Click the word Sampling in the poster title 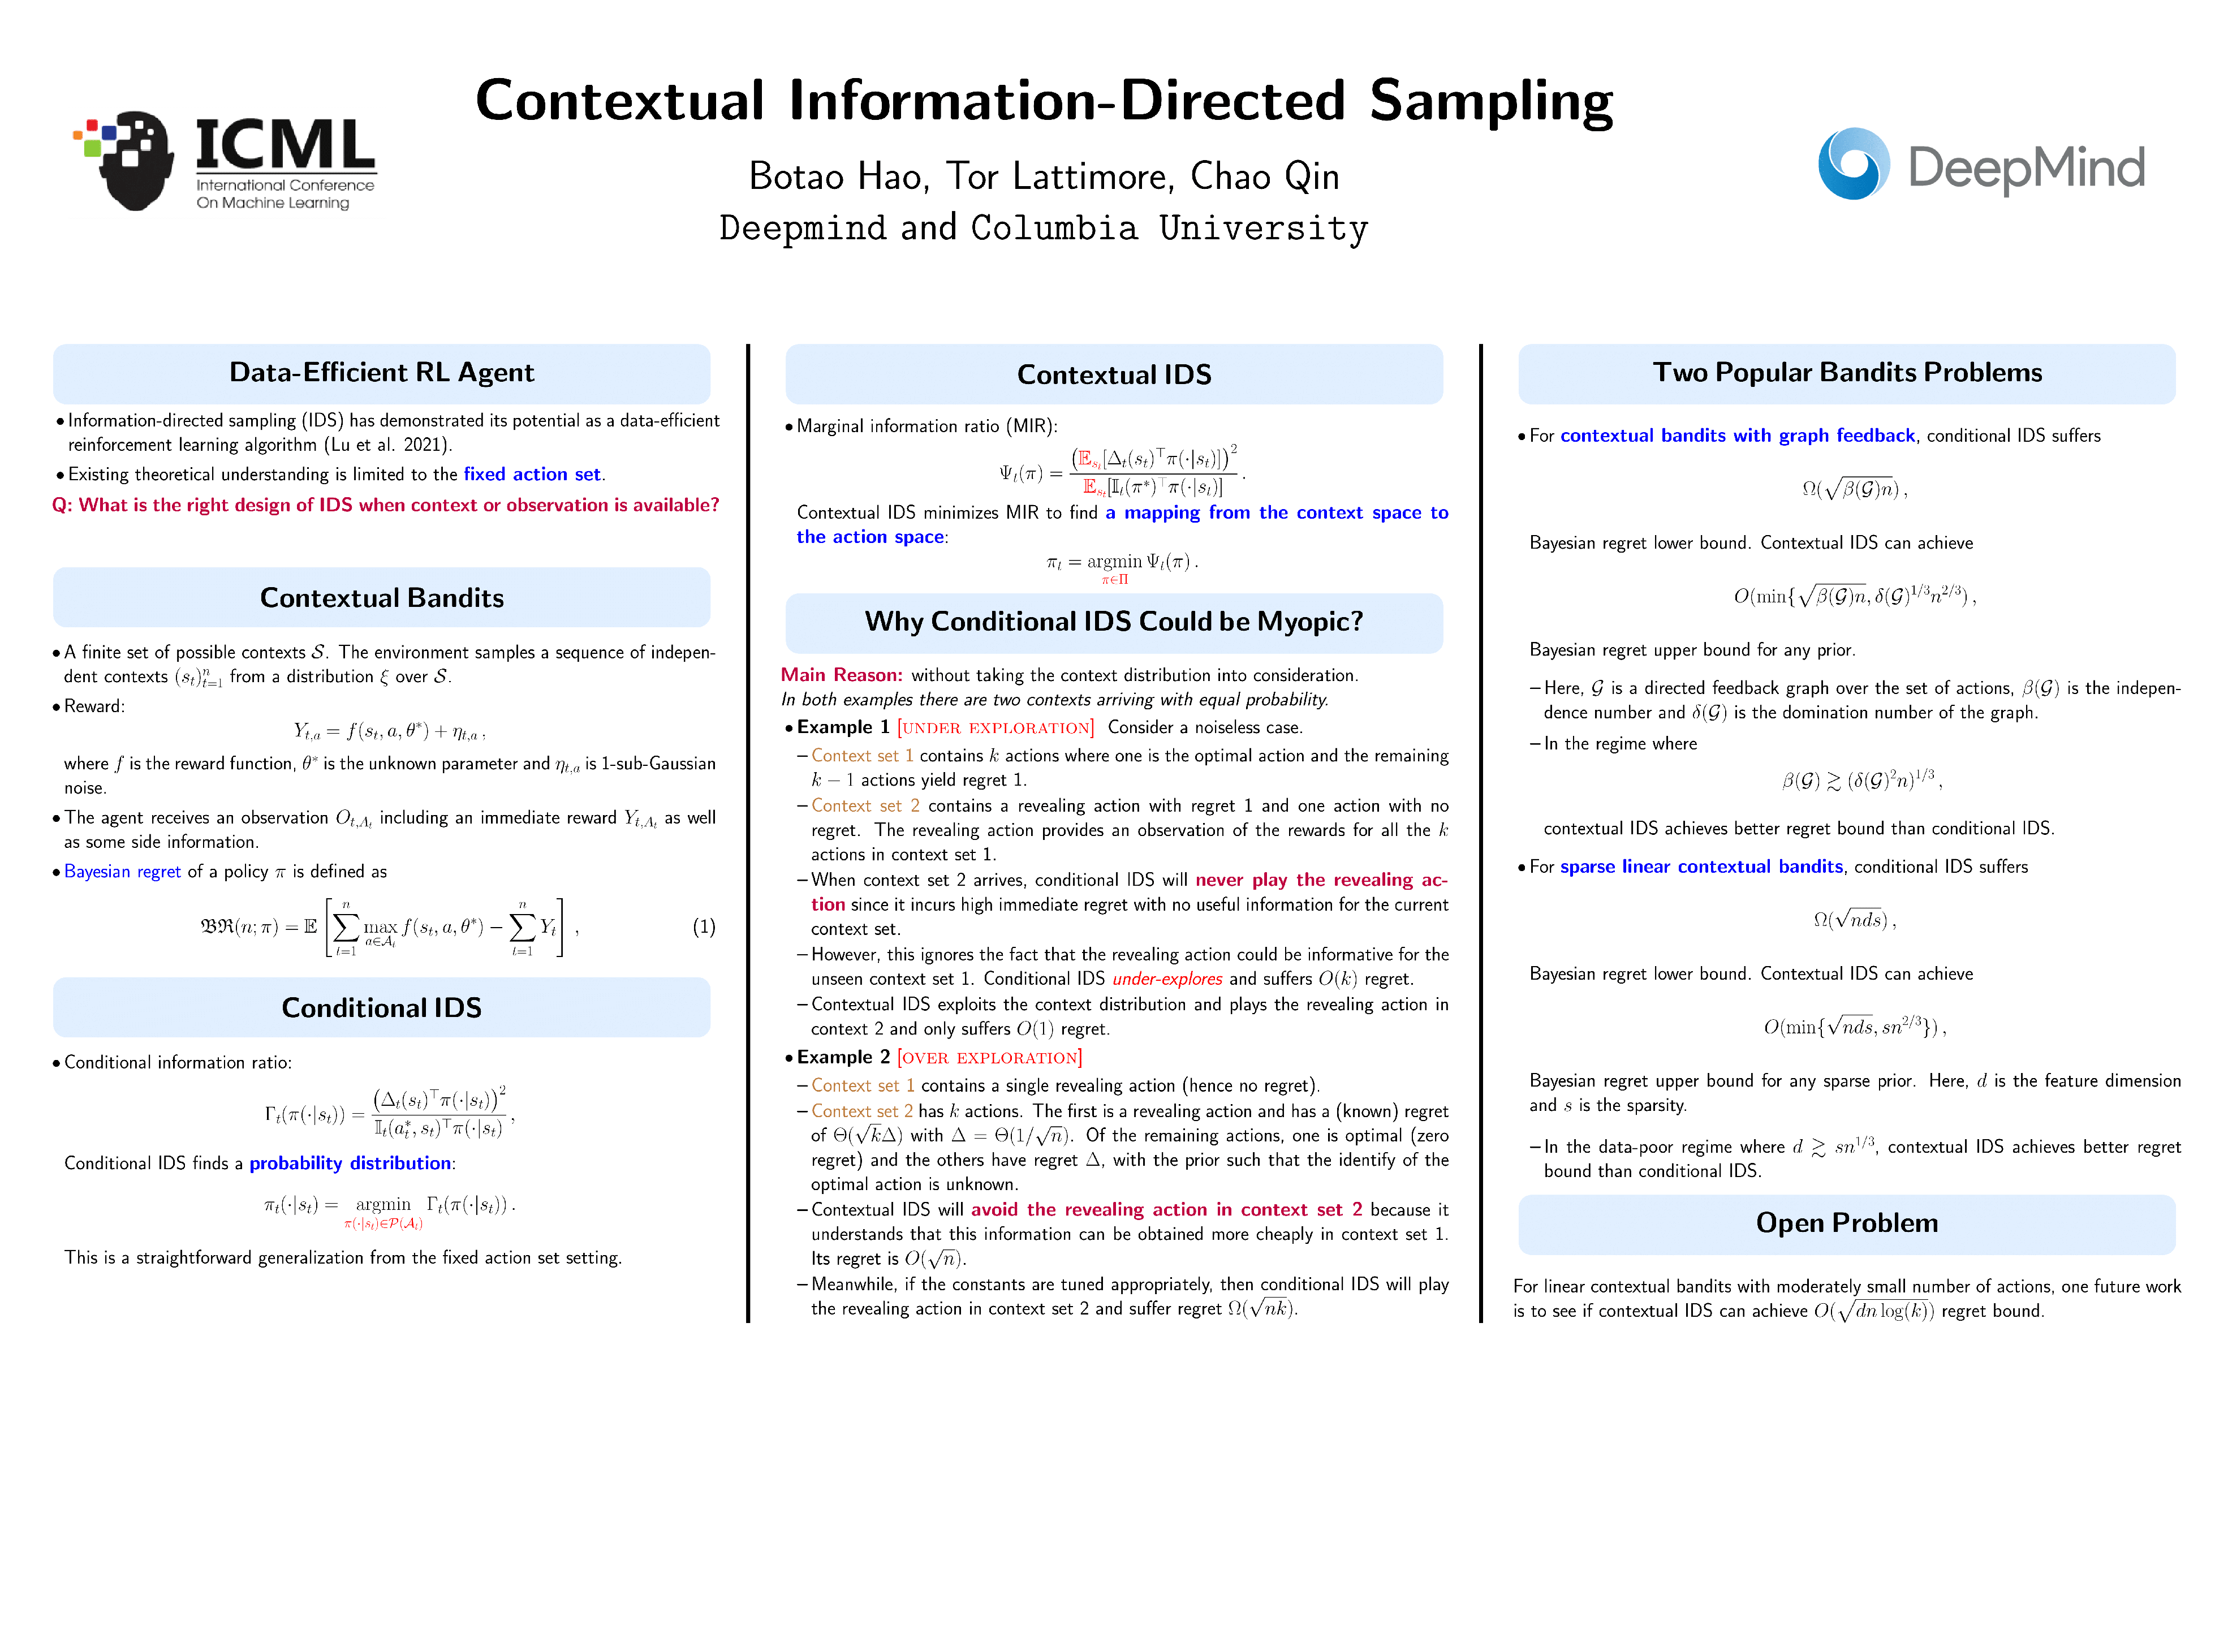(x=1490, y=102)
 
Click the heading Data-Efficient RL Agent (x=382, y=373)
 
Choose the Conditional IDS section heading (x=382, y=1008)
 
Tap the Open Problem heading (x=1846, y=1223)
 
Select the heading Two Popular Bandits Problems (x=1846, y=373)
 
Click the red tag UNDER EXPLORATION (x=996, y=728)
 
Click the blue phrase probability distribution (x=350, y=1163)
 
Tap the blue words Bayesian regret (x=122, y=872)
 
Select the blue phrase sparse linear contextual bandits (x=1701, y=867)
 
